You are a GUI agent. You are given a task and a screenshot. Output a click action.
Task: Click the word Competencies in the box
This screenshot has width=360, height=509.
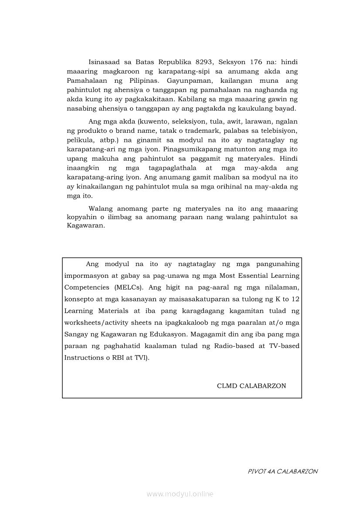pos(87,287)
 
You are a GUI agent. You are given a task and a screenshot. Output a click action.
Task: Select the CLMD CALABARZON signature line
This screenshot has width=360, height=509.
pos(251,386)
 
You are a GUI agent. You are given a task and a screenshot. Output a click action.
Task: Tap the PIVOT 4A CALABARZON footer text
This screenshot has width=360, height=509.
pos(282,471)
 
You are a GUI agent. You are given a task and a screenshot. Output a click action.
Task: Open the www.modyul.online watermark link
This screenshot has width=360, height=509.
pos(180,494)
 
